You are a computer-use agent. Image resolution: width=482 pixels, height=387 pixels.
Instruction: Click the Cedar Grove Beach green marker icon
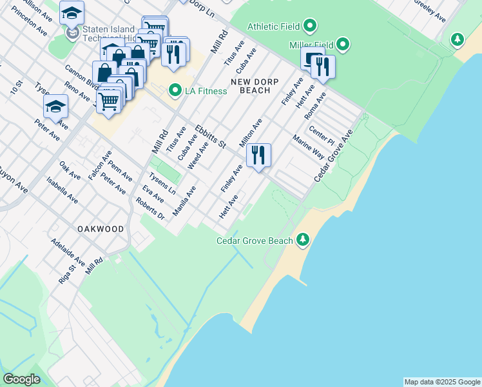tap(303, 241)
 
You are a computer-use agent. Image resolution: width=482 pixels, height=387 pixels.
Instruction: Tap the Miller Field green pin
tap(343, 45)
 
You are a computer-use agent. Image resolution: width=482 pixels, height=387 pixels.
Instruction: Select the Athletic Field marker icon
tap(310, 27)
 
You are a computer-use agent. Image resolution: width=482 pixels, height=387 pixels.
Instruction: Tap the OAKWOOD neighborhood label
tap(100, 229)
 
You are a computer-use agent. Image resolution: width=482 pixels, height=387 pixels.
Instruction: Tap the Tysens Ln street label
tap(162, 184)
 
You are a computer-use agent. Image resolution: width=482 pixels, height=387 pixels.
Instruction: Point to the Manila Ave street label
tap(184, 201)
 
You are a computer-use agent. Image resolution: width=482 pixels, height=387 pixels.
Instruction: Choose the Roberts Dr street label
tap(150, 208)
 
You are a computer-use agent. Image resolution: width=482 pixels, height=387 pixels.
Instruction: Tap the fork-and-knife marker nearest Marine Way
tap(258, 155)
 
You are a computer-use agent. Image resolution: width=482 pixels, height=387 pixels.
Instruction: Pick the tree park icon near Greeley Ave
tap(458, 40)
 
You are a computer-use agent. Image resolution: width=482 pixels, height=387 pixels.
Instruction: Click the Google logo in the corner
tap(21, 379)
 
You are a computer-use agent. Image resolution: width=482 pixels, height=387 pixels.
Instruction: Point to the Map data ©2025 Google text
tap(441, 382)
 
